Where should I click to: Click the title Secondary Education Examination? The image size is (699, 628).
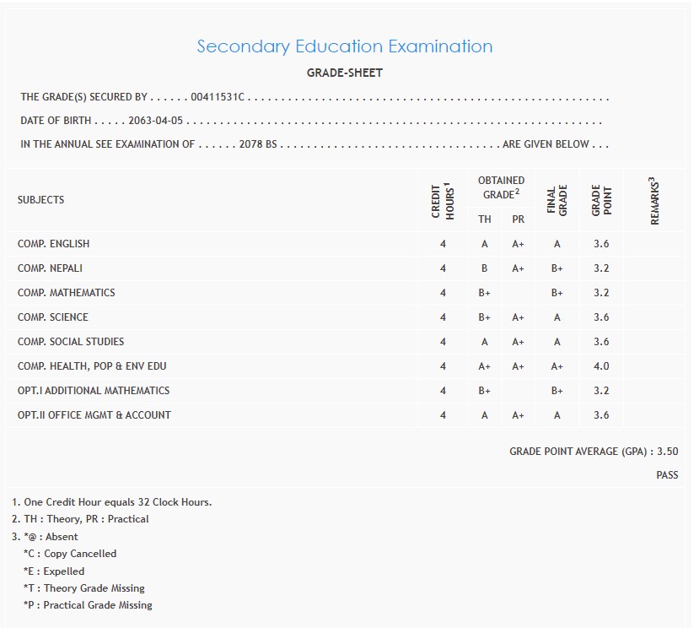pyautogui.click(x=344, y=46)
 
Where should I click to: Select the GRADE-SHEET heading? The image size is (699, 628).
pyautogui.click(x=344, y=73)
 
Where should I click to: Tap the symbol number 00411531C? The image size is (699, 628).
pyautogui.click(x=218, y=97)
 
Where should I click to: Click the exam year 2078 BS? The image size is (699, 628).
pyautogui.click(x=258, y=144)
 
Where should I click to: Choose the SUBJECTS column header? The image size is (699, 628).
pyautogui.click(x=40, y=200)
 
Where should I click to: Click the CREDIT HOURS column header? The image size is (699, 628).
pyautogui.click(x=443, y=201)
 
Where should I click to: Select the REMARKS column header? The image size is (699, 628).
pyautogui.click(x=654, y=201)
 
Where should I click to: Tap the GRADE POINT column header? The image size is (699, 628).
pyautogui.click(x=601, y=201)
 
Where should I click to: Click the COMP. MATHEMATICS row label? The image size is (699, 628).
pyautogui.click(x=66, y=293)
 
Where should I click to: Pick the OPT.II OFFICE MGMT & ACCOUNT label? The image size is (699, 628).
pyautogui.click(x=94, y=415)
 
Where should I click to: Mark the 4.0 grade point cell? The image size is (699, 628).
pyautogui.click(x=601, y=366)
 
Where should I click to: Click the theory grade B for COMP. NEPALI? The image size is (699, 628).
pyautogui.click(x=485, y=268)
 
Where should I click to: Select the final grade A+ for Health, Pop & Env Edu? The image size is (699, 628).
pyautogui.click(x=557, y=366)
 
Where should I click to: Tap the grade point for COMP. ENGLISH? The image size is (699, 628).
pyautogui.click(x=601, y=244)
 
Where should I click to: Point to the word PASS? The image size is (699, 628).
pyautogui.click(x=667, y=475)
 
